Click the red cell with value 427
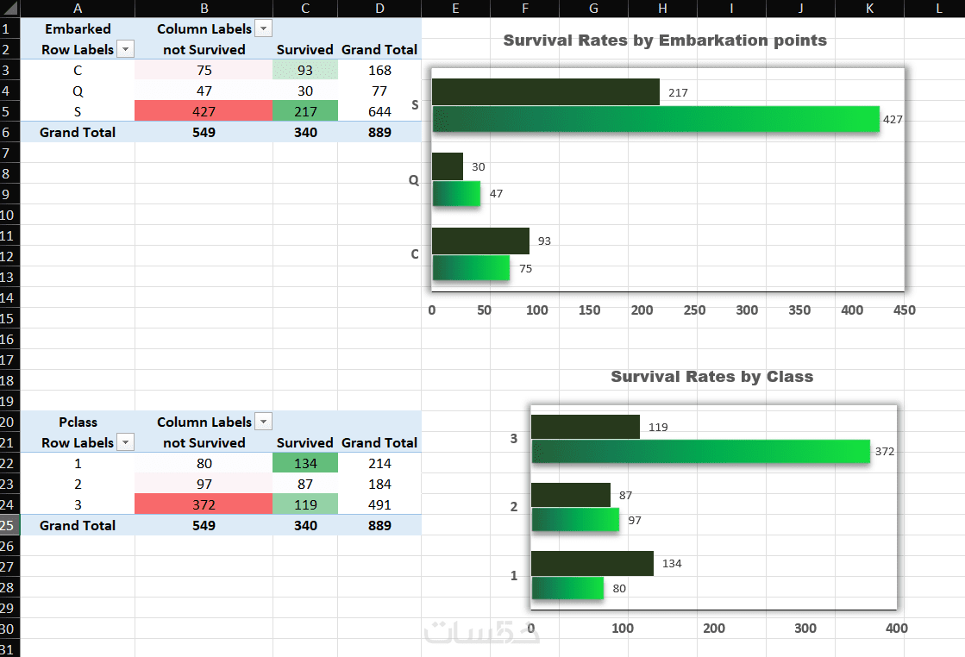[x=204, y=111]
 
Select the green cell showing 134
[x=305, y=463]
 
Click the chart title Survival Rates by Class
[x=711, y=377]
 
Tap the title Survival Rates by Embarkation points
[x=665, y=41]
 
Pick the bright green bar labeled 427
[x=655, y=119]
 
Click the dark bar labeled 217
[x=545, y=92]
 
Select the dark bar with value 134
[x=592, y=564]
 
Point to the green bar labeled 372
[x=700, y=451]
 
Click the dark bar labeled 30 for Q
[x=447, y=166]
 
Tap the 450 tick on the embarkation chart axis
[x=905, y=310]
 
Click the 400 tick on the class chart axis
[x=897, y=629]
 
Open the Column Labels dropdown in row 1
[x=264, y=29]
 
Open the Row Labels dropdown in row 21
[x=126, y=442]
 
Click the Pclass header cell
[x=78, y=422]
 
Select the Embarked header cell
[x=78, y=28]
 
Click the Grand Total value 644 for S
[x=379, y=111]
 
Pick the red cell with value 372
[x=204, y=504]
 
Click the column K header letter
[x=870, y=8]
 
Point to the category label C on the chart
[x=415, y=254]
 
